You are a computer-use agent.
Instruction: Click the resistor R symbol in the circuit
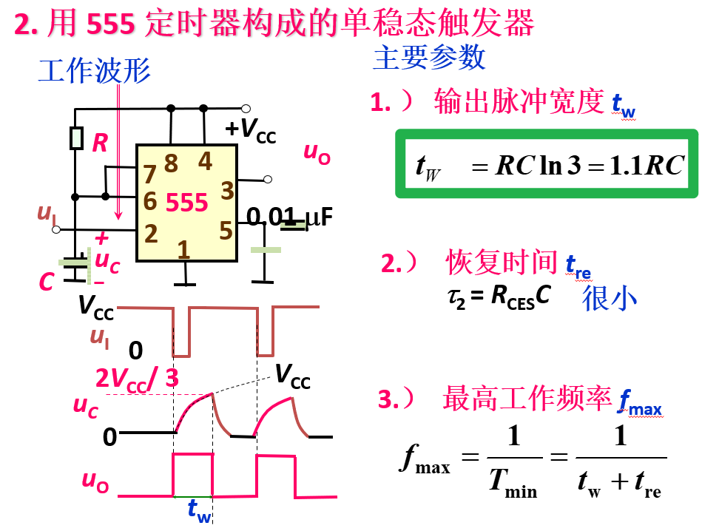(75, 138)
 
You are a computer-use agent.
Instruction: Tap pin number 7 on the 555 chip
(150, 175)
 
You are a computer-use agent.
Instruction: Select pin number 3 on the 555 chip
(227, 189)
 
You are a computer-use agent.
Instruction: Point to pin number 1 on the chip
(183, 250)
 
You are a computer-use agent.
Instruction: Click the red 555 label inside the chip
(186, 203)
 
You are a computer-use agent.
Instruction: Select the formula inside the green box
(548, 165)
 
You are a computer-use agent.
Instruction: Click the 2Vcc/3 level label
(137, 379)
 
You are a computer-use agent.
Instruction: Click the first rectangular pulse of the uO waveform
(192, 474)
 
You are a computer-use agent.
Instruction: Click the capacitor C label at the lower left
(46, 282)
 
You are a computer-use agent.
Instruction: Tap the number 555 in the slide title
(111, 24)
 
